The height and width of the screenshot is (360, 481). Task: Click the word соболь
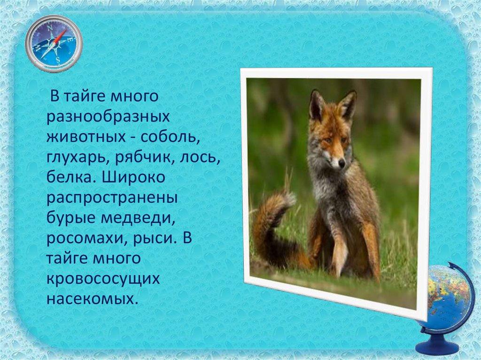(170, 137)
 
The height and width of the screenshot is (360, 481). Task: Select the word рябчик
(145, 158)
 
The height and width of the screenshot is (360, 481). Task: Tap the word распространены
(112, 199)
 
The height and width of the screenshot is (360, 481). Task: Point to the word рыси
(155, 239)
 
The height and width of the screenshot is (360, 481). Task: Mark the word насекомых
(91, 299)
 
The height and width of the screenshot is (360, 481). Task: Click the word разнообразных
(109, 117)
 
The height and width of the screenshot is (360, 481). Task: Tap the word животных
(86, 137)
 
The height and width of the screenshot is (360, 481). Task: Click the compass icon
(54, 44)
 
